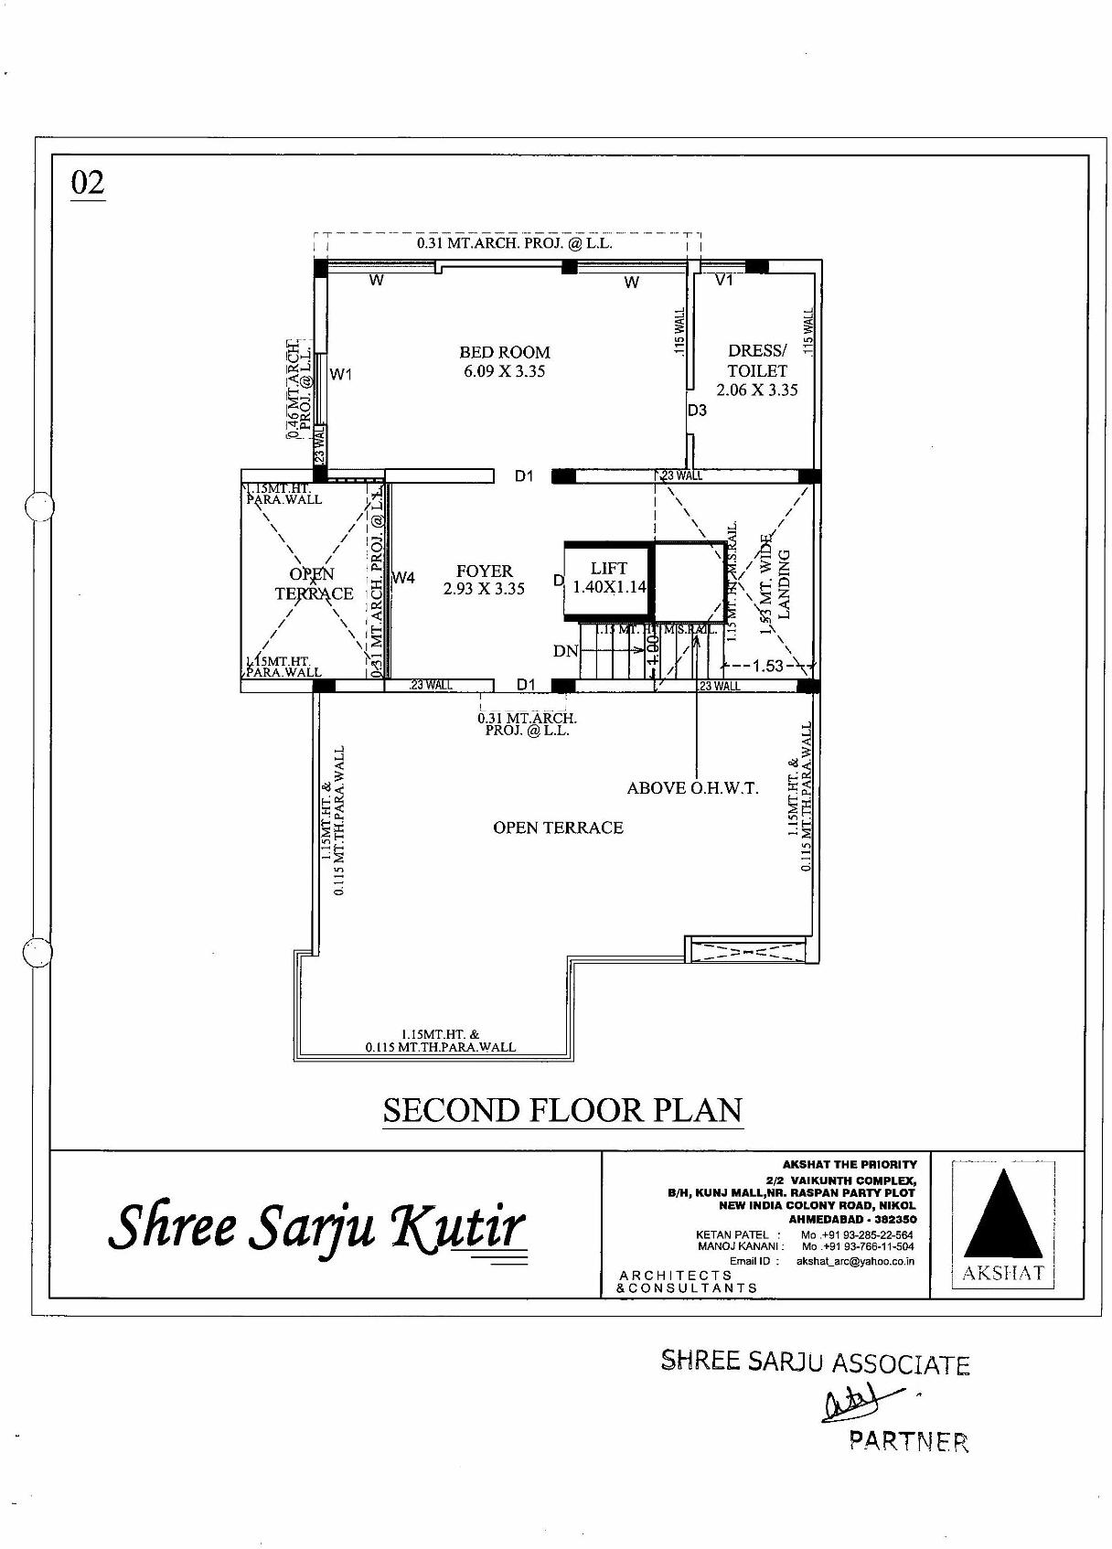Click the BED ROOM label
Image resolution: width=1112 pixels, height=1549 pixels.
(504, 352)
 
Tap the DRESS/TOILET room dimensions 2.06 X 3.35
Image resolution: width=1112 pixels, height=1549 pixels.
(756, 390)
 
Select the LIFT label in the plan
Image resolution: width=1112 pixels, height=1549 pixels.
(609, 568)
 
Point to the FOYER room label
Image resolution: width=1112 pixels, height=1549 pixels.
(484, 571)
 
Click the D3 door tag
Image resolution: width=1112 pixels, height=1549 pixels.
(698, 411)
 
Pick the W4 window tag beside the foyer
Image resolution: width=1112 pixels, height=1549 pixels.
(403, 578)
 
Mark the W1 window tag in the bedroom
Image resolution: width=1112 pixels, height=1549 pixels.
(341, 374)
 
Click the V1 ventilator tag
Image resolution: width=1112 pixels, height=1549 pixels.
(724, 281)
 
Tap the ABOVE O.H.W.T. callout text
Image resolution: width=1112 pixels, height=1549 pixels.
(692, 788)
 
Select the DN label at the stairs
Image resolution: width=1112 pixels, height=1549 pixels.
(565, 651)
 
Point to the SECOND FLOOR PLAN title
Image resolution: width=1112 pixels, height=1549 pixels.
(561, 1110)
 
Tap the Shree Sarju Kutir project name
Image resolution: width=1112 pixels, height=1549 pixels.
(316, 1226)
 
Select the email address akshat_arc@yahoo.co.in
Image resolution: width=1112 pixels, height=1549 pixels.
(854, 1261)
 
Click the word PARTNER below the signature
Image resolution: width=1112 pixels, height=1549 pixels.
(908, 1441)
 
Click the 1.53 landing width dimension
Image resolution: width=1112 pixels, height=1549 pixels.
(767, 666)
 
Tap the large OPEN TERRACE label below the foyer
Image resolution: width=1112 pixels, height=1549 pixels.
(558, 828)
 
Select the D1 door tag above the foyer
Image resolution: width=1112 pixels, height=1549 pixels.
(524, 475)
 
